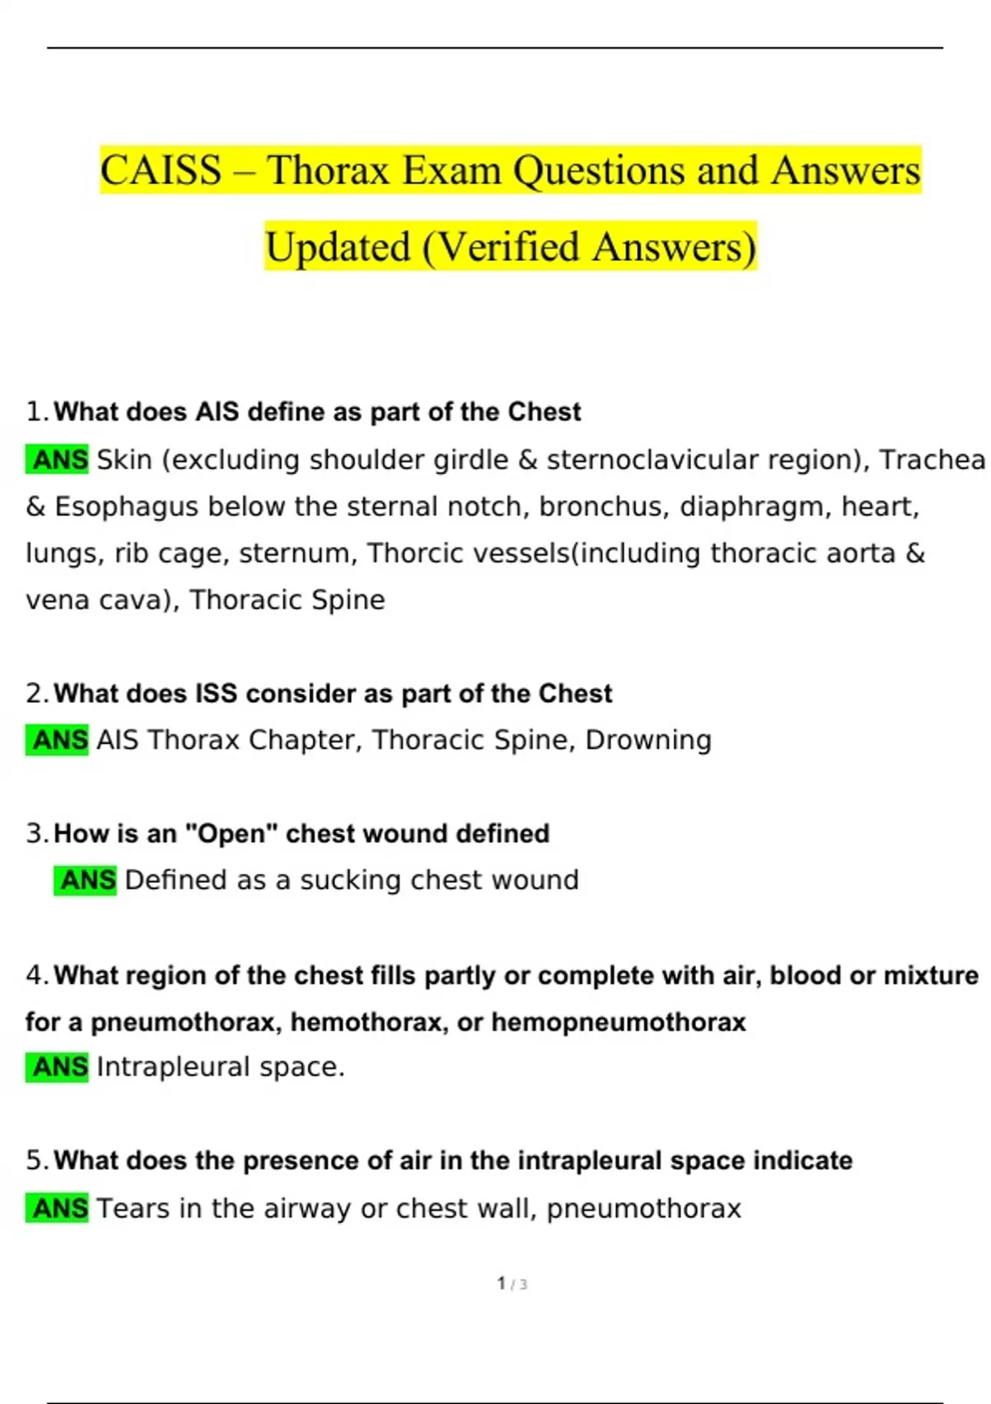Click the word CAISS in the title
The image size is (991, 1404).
point(161,171)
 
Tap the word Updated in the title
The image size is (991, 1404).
point(338,247)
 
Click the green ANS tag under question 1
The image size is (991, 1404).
point(58,459)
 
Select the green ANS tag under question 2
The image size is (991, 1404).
point(58,740)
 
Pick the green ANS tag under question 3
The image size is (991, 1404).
point(86,880)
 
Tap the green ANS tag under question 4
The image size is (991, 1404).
point(58,1067)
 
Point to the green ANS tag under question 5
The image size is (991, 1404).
point(58,1208)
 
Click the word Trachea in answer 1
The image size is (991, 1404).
point(932,459)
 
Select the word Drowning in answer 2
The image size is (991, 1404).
point(648,740)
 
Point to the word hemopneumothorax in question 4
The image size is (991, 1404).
point(619,1022)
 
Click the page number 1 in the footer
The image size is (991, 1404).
point(501,1283)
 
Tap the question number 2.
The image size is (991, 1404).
point(34,694)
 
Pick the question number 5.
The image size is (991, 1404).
point(34,1160)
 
